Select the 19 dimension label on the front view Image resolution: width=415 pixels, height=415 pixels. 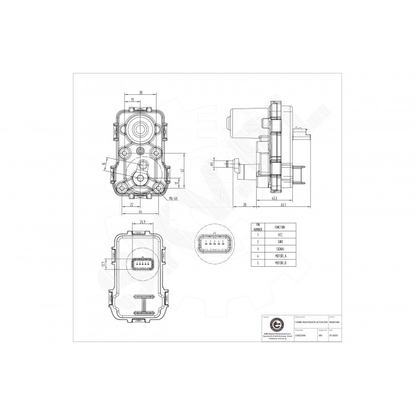(133, 100)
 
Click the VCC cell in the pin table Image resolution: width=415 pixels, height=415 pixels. (280, 235)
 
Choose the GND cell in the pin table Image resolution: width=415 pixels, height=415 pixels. (280, 243)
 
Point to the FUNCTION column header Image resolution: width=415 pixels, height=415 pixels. (280, 226)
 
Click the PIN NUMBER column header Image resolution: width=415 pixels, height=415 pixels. (258, 226)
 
